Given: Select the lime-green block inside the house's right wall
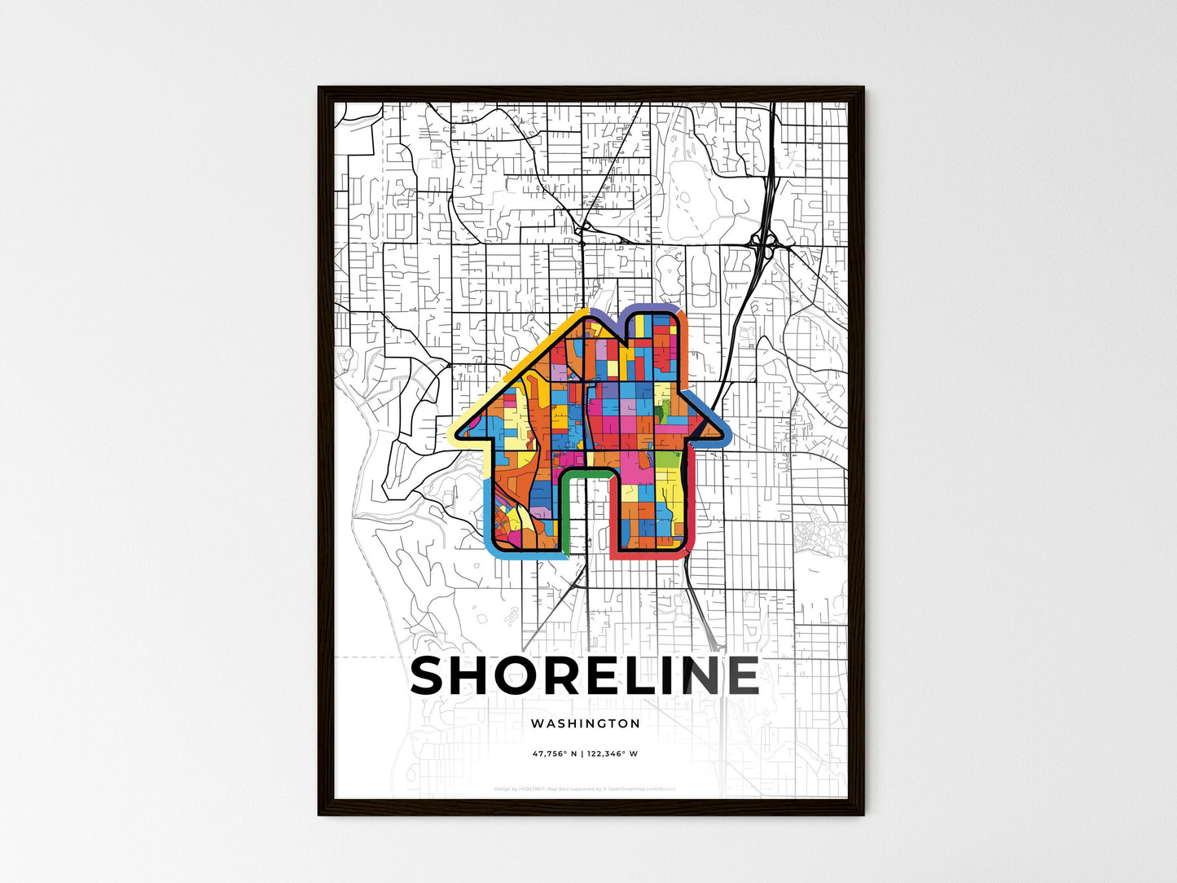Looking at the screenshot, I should point(668,460).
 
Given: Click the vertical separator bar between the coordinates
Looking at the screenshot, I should point(583,753).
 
